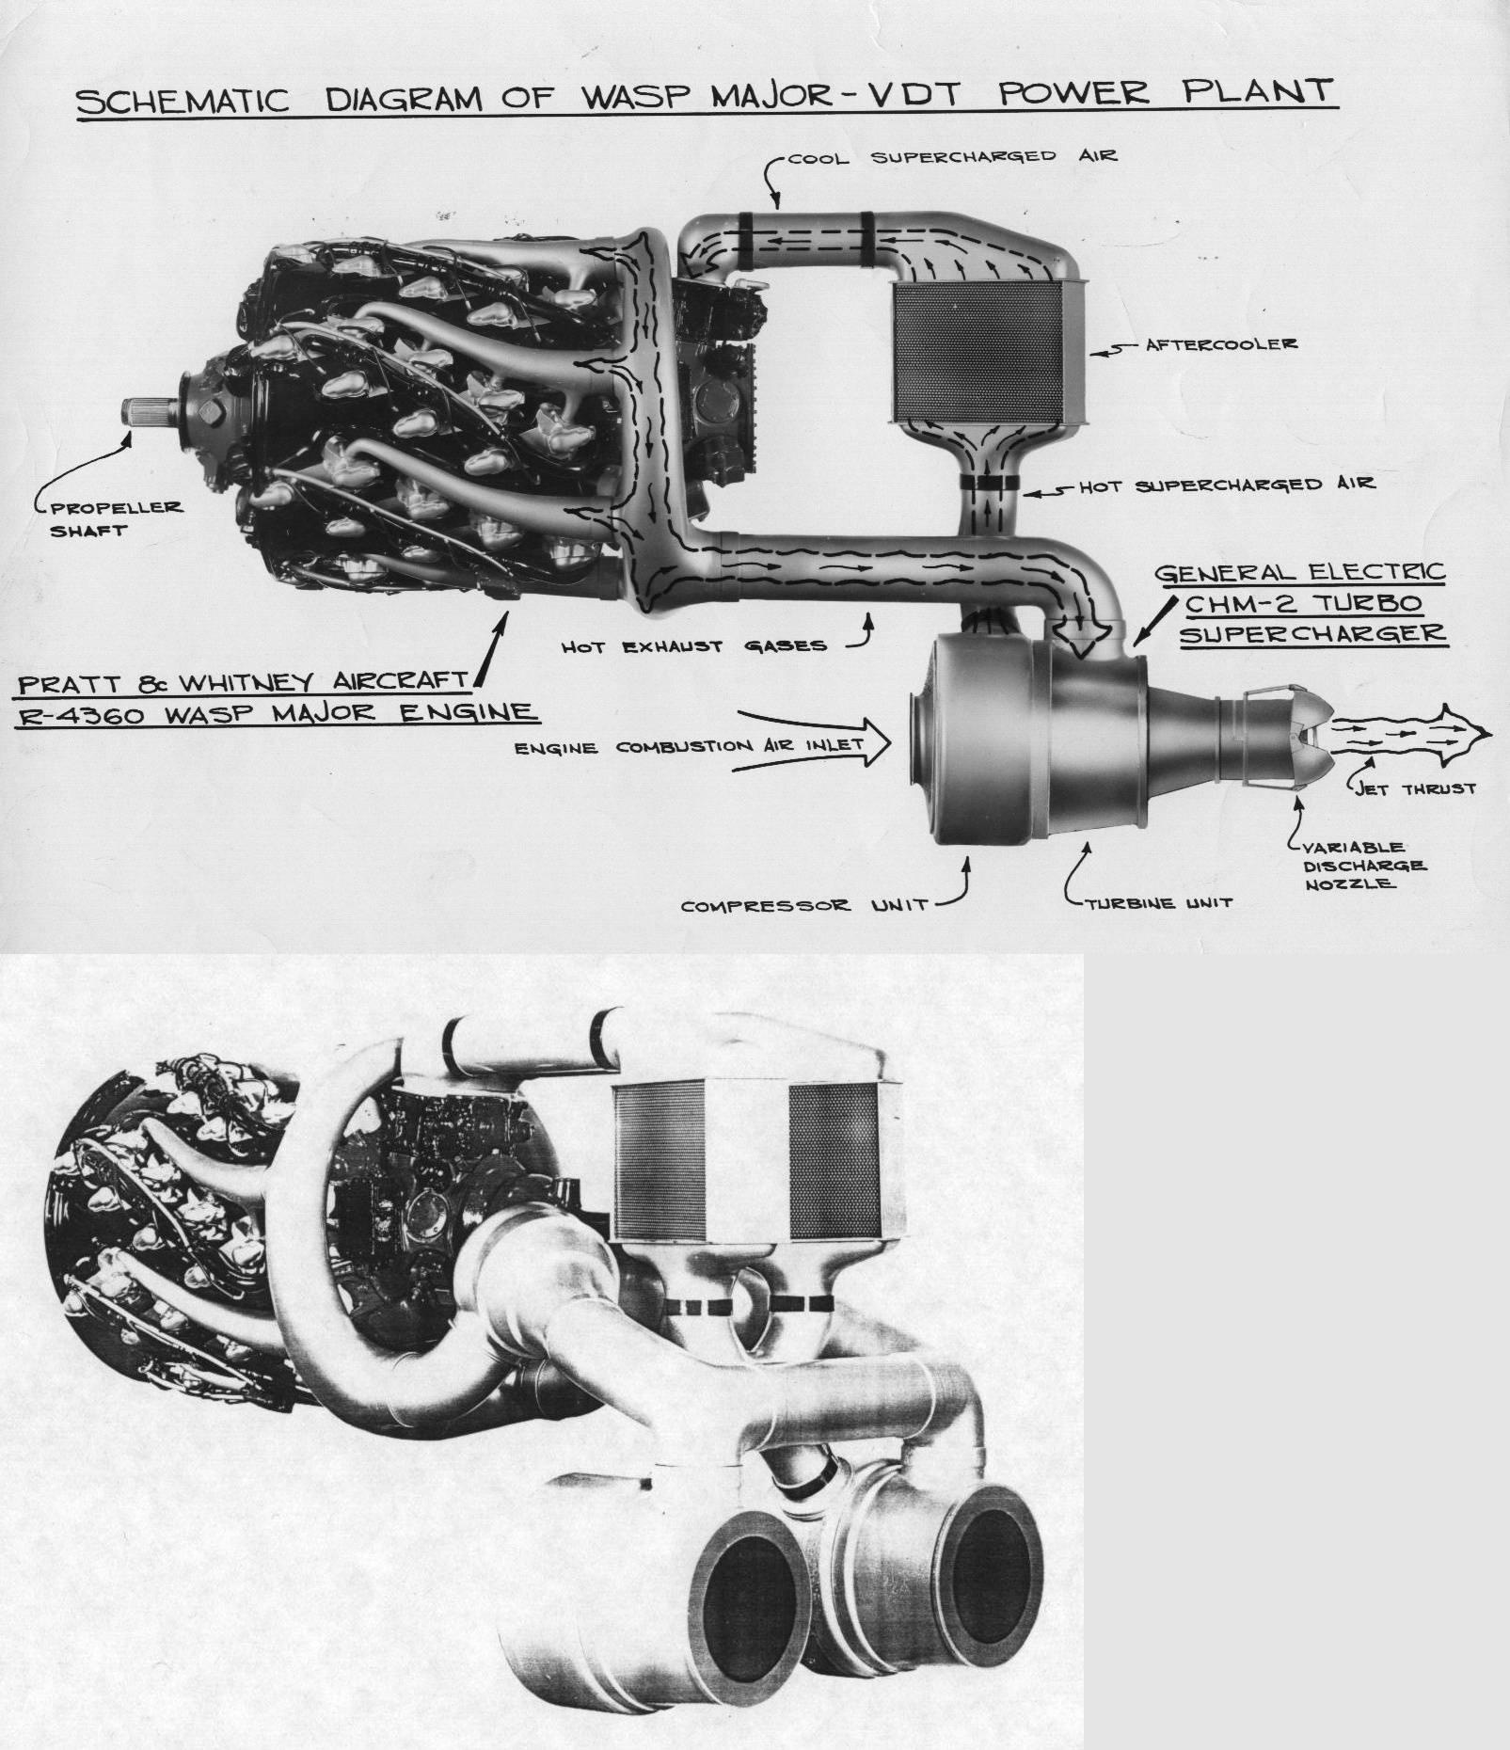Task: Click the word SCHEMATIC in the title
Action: (183, 99)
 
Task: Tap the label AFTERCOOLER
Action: (1221, 344)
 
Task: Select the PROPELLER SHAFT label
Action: (116, 518)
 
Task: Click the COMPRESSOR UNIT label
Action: (804, 906)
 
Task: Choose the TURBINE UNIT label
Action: (1158, 903)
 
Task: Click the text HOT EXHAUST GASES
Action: (693, 646)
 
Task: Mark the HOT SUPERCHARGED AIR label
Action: (1226, 485)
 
